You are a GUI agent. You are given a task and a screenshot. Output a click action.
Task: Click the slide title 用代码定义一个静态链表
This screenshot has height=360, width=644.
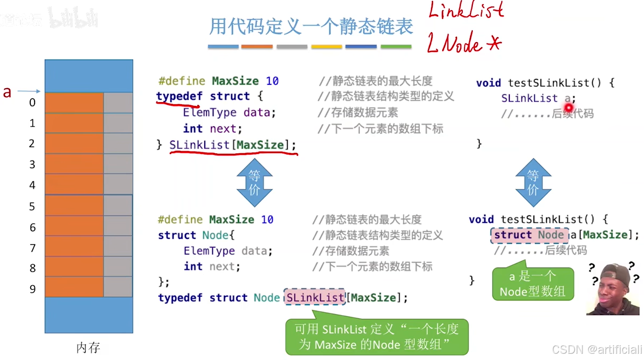click(311, 27)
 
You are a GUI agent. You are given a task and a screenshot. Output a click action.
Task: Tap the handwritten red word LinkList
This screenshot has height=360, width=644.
click(466, 11)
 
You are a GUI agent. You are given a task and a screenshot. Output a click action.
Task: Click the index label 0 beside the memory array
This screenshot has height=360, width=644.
click(32, 102)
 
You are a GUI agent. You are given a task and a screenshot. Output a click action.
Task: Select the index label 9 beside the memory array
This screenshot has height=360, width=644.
click(32, 289)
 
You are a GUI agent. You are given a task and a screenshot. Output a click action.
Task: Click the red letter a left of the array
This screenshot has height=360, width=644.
click(7, 92)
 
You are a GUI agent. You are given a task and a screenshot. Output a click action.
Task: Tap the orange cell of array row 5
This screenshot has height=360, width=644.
click(74, 206)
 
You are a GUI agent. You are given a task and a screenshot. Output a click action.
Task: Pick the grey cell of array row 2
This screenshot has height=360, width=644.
click(118, 143)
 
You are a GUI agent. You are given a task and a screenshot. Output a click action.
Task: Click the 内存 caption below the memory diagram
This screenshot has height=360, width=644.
click(88, 348)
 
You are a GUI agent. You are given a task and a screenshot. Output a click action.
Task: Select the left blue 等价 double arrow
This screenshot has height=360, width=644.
click(254, 183)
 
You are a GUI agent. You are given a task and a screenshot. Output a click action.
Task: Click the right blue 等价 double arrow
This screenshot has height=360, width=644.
click(533, 183)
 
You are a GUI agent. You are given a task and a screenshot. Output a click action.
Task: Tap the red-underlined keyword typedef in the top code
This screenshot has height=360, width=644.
click(179, 96)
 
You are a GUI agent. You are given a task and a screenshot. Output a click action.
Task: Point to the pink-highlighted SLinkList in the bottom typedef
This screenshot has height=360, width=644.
click(315, 298)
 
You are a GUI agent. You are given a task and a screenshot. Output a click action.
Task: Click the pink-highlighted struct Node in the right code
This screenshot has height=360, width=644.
click(529, 235)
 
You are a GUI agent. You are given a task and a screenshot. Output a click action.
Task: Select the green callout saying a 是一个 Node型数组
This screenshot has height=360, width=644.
click(532, 284)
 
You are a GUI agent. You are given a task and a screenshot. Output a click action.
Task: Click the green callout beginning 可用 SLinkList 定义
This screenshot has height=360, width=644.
click(376, 337)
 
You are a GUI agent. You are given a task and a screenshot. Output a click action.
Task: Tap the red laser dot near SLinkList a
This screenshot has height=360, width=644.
click(569, 108)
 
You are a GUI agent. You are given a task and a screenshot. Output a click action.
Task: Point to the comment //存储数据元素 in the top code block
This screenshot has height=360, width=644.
click(358, 113)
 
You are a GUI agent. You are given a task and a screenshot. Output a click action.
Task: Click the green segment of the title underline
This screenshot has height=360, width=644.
click(396, 46)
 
